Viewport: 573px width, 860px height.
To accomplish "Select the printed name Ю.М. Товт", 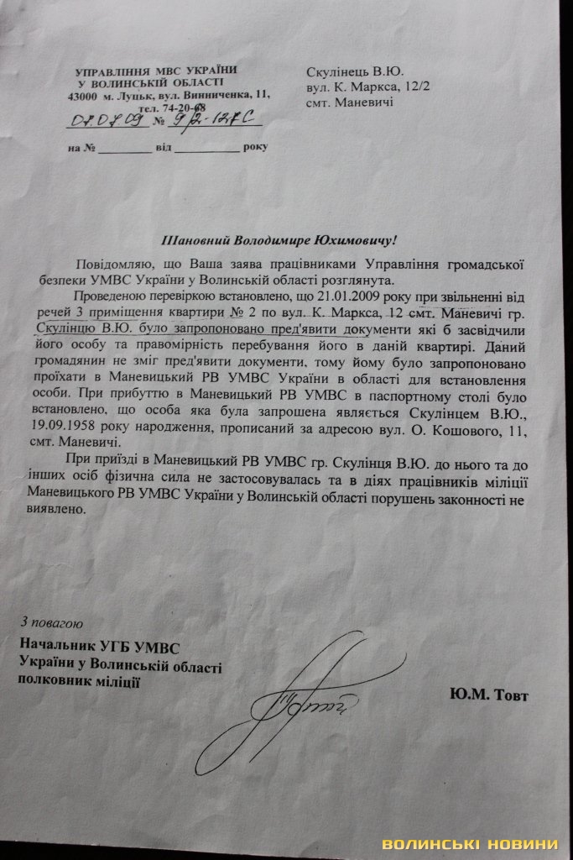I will pyautogui.click(x=489, y=695).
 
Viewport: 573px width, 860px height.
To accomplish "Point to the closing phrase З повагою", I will pyautogui.click(x=51, y=622).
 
